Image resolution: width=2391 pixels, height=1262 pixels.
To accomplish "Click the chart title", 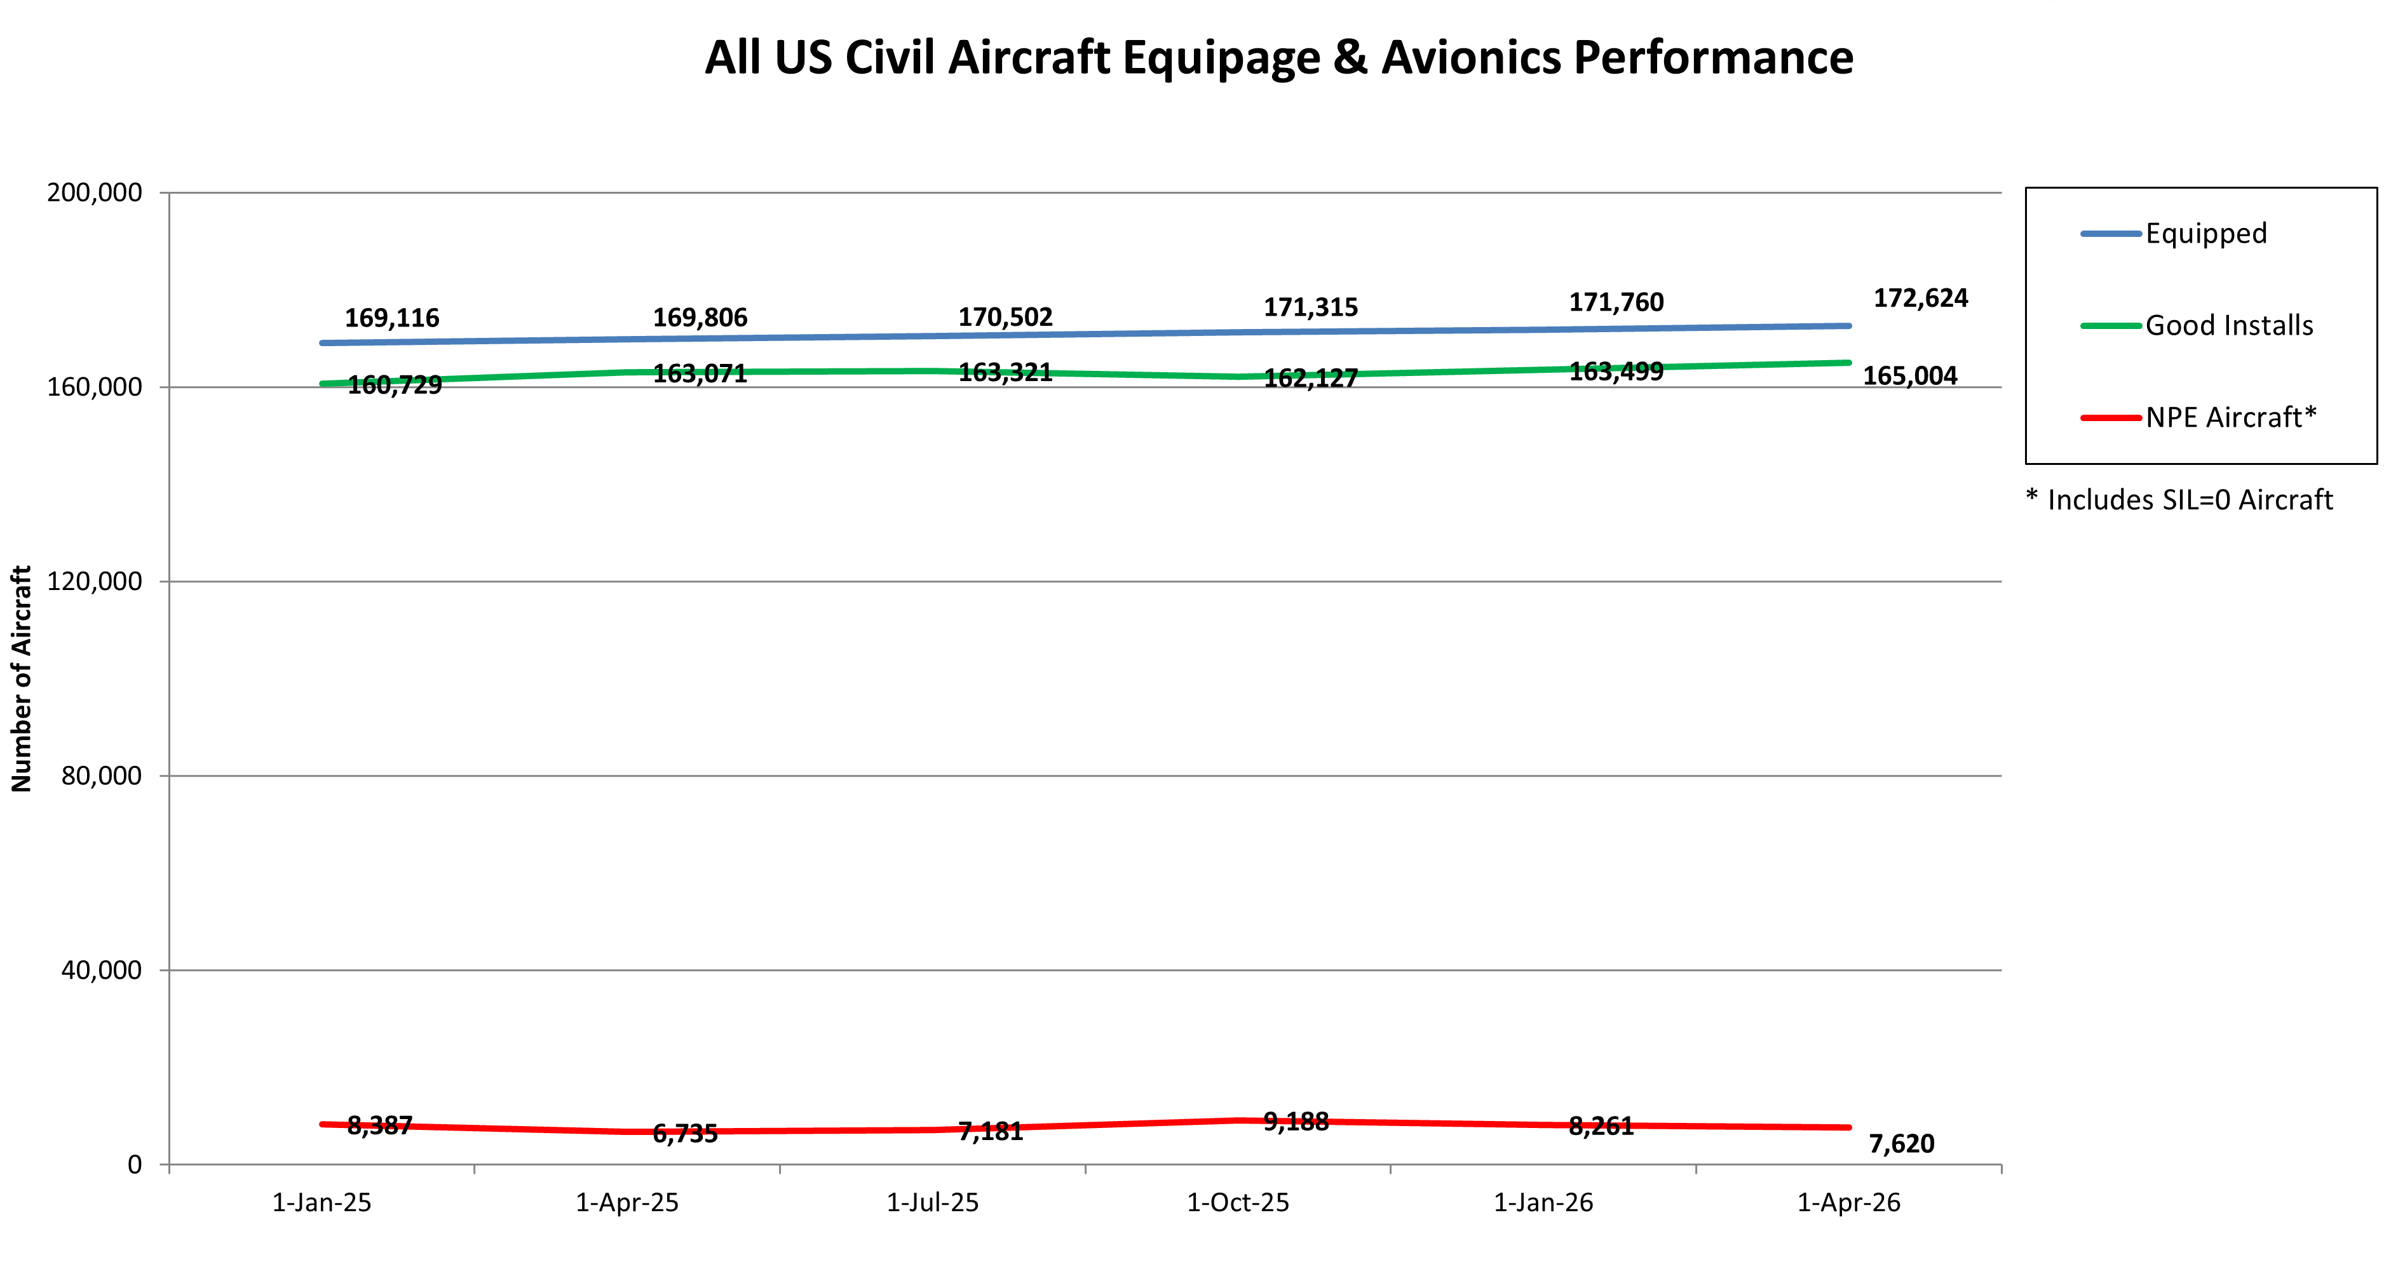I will (1278, 58).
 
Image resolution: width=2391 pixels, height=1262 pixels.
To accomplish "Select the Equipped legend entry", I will (2205, 233).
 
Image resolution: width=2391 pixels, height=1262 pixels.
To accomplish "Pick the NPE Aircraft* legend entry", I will (2230, 417).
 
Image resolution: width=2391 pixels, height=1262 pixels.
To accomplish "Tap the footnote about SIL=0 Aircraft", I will (2178, 500).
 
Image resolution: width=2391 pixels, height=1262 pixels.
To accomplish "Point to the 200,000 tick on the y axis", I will (95, 193).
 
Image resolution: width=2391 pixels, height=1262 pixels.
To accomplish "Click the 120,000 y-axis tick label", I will (95, 582).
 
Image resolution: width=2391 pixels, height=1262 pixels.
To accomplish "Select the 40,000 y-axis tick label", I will (101, 970).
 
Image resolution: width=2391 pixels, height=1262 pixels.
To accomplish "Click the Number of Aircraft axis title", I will (22, 678).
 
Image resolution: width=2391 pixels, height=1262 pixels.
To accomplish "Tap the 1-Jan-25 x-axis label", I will (321, 1202).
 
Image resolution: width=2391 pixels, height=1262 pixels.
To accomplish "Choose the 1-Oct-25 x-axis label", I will (1237, 1202).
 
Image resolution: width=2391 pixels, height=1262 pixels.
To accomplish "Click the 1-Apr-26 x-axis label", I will (1848, 1202).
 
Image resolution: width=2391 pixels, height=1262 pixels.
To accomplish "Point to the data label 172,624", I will (1920, 298).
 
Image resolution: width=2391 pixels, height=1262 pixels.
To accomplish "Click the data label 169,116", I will (391, 318).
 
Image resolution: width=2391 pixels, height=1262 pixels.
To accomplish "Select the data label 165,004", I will (1909, 376).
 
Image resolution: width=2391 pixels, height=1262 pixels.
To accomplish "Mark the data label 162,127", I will (1310, 379).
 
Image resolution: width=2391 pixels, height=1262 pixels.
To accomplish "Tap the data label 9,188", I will (1296, 1122).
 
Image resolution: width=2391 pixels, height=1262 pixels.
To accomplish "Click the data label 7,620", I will (1901, 1143).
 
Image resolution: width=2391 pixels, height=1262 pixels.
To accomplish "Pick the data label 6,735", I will (685, 1133).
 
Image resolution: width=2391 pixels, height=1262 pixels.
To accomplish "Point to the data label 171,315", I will (1310, 307).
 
